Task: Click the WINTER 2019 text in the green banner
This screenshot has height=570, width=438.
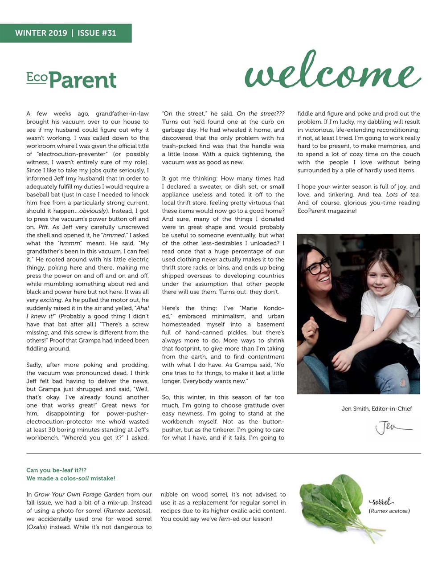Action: (x=41, y=33)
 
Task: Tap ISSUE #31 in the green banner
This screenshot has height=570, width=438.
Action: (x=97, y=33)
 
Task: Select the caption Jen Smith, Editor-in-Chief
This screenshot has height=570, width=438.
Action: (x=377, y=408)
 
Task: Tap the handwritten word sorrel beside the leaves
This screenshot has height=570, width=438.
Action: (x=381, y=502)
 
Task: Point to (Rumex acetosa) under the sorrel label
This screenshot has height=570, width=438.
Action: (x=389, y=511)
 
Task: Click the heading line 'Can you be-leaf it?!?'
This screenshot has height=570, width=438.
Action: (x=56, y=470)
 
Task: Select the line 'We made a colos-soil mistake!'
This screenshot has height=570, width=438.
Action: (x=70, y=478)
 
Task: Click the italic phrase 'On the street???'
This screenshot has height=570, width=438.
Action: (x=260, y=114)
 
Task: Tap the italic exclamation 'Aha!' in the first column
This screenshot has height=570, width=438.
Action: (x=142, y=308)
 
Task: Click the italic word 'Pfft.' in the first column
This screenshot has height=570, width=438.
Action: (x=43, y=227)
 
